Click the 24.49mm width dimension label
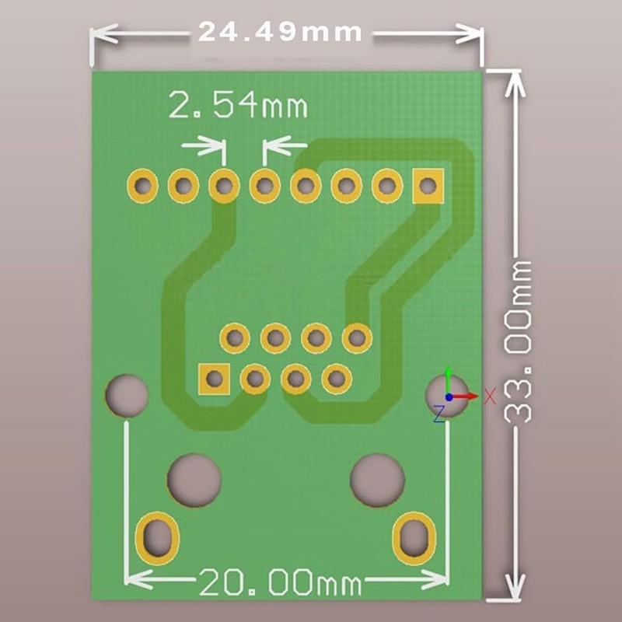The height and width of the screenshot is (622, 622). click(x=280, y=33)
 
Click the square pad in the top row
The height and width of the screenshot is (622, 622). click(x=427, y=186)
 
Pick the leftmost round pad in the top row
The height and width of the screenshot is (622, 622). click(x=142, y=186)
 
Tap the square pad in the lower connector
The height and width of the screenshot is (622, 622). click(x=214, y=379)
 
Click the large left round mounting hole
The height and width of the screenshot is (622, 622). click(x=194, y=479)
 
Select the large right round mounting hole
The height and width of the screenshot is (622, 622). click(x=378, y=479)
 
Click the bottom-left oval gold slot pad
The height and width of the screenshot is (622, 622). click(x=157, y=537)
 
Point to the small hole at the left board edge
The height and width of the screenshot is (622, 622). click(x=127, y=395)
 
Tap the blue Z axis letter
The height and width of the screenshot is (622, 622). click(x=439, y=413)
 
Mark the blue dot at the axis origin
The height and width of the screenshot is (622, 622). click(x=449, y=397)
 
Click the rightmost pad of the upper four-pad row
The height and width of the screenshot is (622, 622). click(x=357, y=337)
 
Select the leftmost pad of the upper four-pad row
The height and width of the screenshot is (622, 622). click(x=234, y=337)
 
